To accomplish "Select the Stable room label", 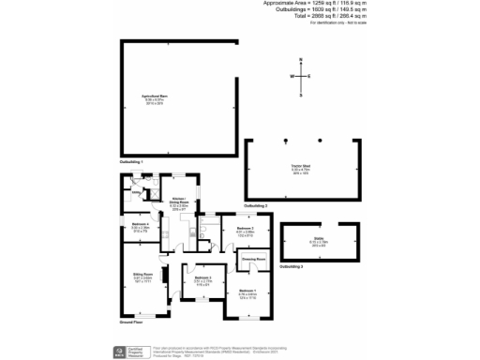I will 320,239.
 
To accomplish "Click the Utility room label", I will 137,194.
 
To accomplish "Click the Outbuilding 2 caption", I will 255,204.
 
